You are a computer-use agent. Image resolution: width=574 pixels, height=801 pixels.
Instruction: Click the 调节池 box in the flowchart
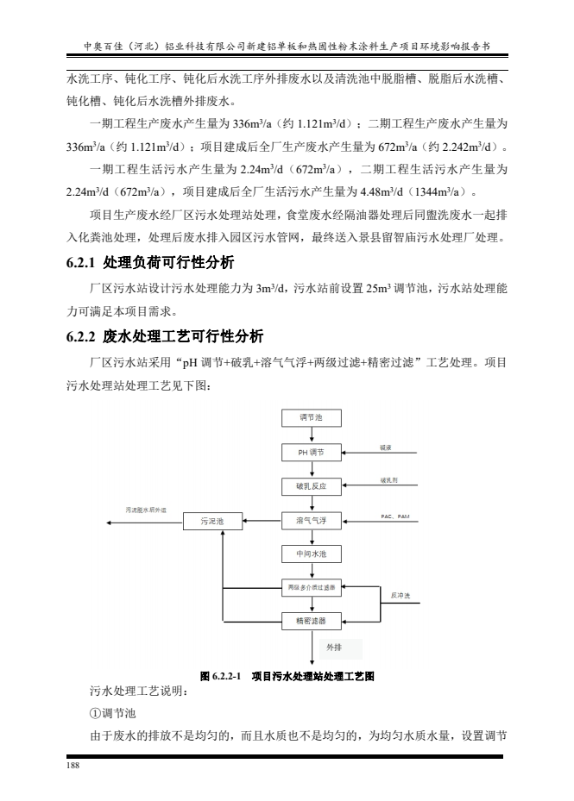pyautogui.click(x=312, y=418)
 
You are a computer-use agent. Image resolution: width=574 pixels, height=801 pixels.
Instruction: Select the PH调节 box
pyautogui.click(x=312, y=452)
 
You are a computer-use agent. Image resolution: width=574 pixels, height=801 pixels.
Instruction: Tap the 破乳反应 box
pyautogui.click(x=312, y=486)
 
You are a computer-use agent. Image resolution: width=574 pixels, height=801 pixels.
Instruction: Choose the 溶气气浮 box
pyautogui.click(x=312, y=521)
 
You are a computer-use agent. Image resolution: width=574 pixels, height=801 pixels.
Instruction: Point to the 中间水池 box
pyautogui.click(x=312, y=554)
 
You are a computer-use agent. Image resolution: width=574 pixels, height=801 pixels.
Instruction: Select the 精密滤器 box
pyautogui.click(x=312, y=620)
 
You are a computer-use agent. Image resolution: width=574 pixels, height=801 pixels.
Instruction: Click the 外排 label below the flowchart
pyautogui.click(x=334, y=647)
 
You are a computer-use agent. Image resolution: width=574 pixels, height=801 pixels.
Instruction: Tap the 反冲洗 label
pyautogui.click(x=400, y=596)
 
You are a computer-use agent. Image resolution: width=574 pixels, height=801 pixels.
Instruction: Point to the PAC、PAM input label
pyautogui.click(x=394, y=516)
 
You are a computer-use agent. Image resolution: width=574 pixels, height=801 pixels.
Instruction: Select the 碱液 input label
pyautogui.click(x=386, y=447)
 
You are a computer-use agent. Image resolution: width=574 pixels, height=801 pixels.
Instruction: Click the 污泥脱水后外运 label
pyautogui.click(x=146, y=510)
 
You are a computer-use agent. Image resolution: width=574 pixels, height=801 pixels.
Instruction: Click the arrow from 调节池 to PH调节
pyautogui.click(x=312, y=435)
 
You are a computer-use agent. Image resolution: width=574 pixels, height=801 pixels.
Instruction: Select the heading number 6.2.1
pyautogui.click(x=84, y=262)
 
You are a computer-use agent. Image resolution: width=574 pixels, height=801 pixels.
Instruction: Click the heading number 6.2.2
pyautogui.click(x=84, y=335)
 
